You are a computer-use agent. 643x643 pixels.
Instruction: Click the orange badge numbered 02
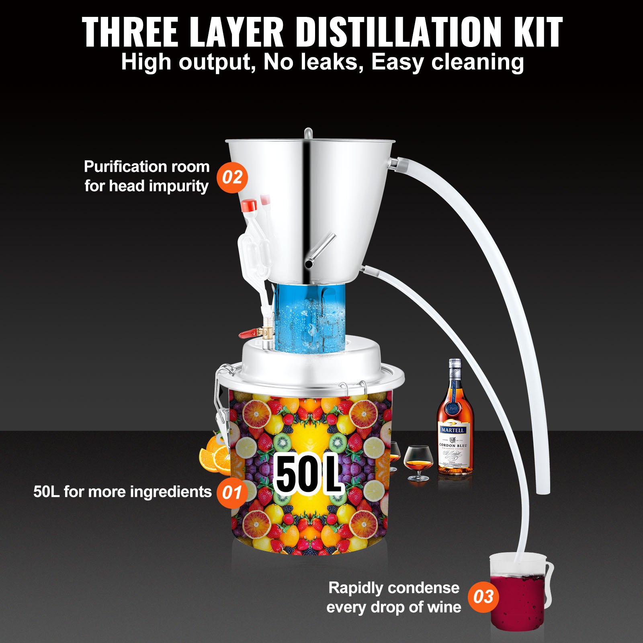tap(232, 177)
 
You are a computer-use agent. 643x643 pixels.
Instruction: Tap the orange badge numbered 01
tap(232, 493)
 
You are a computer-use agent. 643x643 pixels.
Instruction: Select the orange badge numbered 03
tap(483, 597)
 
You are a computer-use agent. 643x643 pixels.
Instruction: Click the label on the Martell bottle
tap(454, 446)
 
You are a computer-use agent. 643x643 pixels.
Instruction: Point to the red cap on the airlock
tap(249, 205)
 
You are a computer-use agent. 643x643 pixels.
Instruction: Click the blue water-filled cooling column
tap(309, 317)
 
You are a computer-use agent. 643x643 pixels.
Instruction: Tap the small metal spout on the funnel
tap(319, 251)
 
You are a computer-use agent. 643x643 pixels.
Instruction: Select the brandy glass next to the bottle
tap(418, 462)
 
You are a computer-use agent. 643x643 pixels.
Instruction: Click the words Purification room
tap(147, 166)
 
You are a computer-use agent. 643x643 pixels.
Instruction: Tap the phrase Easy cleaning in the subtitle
tap(447, 62)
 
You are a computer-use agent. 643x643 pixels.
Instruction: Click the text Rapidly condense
tap(394, 588)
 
